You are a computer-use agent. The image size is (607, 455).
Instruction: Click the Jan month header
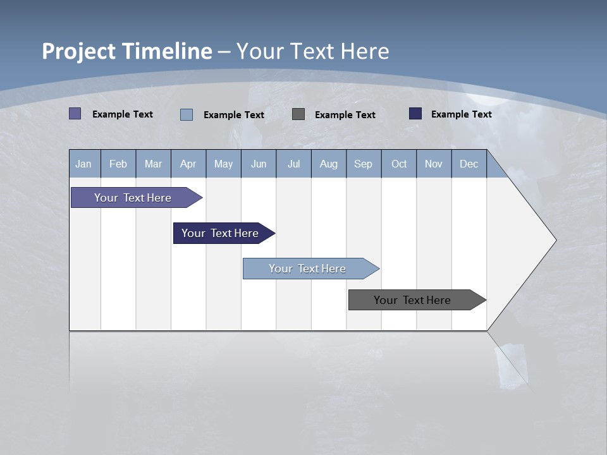84,164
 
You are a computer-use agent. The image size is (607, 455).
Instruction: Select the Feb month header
118,164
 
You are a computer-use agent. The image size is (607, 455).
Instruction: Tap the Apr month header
188,164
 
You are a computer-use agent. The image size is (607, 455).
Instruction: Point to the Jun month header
259,164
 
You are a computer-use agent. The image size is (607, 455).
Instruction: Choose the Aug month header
328,164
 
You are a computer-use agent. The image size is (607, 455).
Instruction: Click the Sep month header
363,164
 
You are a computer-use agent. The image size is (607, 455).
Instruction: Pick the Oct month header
399,164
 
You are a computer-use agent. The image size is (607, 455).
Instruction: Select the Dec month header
469,164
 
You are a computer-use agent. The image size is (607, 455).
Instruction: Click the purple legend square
75,114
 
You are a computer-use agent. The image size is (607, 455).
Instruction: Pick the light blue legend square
187,114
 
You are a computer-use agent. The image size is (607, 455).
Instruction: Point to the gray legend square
298,114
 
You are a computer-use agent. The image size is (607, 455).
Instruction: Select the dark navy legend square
415,114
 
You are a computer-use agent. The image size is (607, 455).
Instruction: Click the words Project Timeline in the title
127,51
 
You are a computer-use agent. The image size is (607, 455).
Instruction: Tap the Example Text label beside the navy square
461,114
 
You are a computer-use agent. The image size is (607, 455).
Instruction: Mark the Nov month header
434,164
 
